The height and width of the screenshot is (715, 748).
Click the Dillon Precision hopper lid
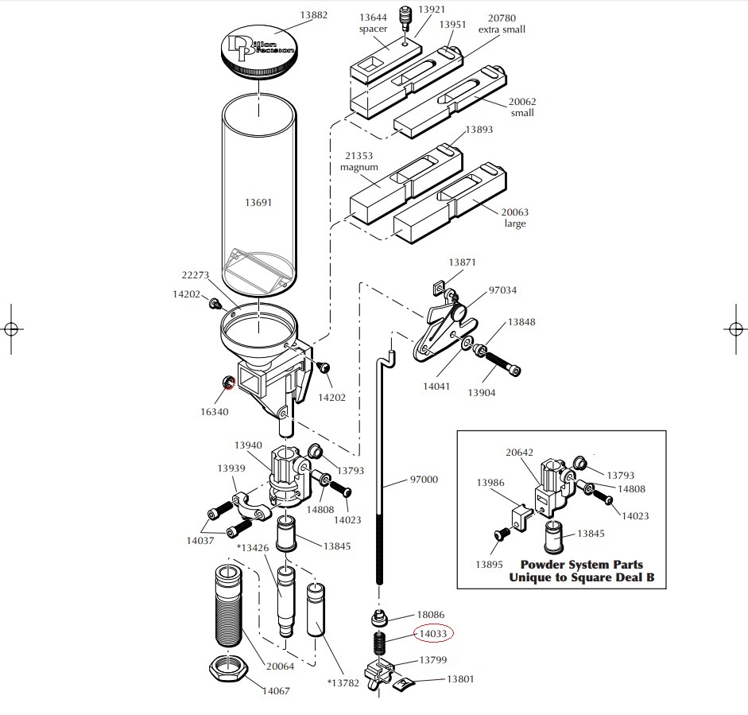pos(258,53)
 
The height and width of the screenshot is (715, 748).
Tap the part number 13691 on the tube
pos(258,202)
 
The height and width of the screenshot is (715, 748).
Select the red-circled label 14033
pos(433,633)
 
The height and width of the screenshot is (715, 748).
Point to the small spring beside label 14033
pos(379,643)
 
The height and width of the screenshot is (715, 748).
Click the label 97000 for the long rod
pos(424,480)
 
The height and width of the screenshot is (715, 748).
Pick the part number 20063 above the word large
pos(515,212)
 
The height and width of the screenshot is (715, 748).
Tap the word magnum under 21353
pos(358,168)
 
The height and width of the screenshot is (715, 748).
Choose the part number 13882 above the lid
pos(313,15)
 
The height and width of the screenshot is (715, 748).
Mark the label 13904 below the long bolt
pos(482,392)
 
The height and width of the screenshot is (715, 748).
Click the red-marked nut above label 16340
pos(228,382)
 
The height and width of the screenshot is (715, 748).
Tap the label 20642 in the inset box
pos(520,452)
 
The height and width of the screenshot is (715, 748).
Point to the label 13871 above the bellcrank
pos(463,262)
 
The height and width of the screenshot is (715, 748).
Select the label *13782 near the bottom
pos(343,683)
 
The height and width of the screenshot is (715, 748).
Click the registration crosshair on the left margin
pos(11,328)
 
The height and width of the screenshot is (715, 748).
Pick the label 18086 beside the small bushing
pos(431,615)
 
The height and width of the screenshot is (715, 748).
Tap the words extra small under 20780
pos(502,29)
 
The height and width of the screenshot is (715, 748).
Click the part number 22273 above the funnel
pos(195,275)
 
